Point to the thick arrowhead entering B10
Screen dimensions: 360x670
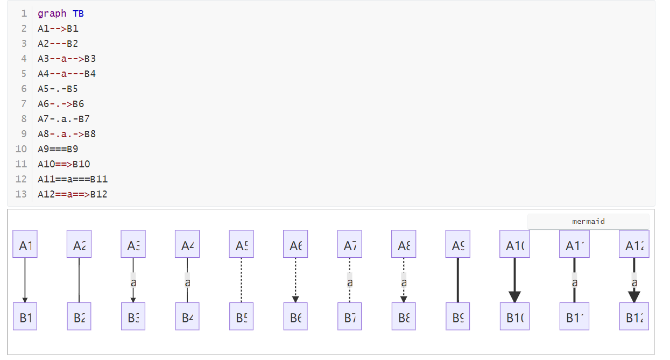coord(514,297)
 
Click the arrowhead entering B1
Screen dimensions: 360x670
coord(25,300)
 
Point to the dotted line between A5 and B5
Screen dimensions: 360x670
coord(241,280)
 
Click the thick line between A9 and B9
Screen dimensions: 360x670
coord(457,280)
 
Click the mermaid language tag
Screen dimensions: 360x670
coord(588,221)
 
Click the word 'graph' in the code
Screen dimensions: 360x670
coord(52,13)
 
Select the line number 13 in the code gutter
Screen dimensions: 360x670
coord(21,194)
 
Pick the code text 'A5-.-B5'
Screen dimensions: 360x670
coord(58,89)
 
